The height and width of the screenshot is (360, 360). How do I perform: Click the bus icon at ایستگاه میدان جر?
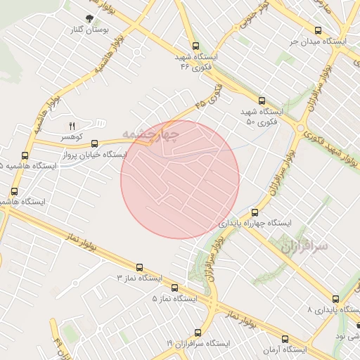319,31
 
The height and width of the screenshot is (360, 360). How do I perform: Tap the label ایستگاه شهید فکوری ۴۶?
195,61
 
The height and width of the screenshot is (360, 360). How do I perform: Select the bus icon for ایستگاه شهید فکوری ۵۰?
262,101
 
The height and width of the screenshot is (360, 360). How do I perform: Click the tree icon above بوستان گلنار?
89,19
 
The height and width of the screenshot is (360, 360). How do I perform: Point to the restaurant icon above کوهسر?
71,125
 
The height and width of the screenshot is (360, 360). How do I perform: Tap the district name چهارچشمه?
150,132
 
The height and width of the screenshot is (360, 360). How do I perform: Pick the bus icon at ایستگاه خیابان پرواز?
94,143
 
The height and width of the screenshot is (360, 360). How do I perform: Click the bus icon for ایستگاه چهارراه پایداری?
255,212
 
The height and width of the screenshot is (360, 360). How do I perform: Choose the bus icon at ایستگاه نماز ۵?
174,288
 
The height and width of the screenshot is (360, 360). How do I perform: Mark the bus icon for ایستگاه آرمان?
285,338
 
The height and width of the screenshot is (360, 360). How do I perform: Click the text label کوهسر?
72,136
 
